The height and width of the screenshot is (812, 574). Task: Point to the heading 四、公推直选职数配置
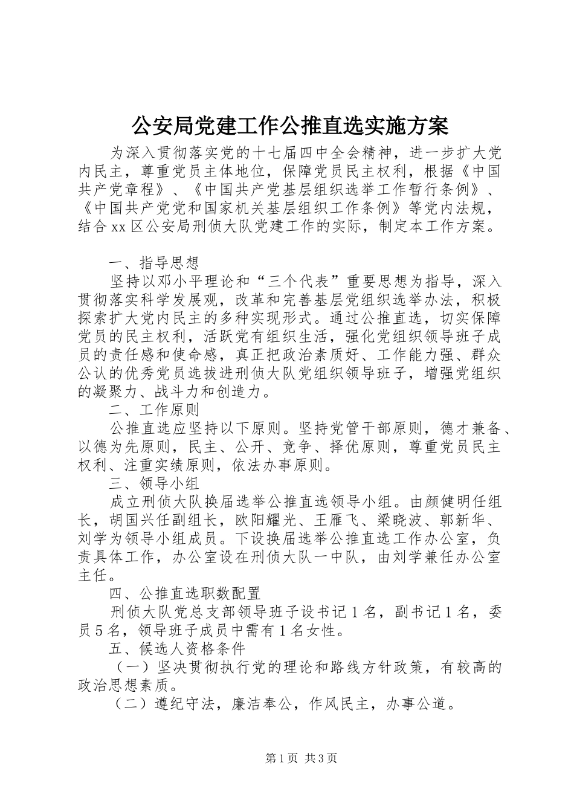coord(184,593)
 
